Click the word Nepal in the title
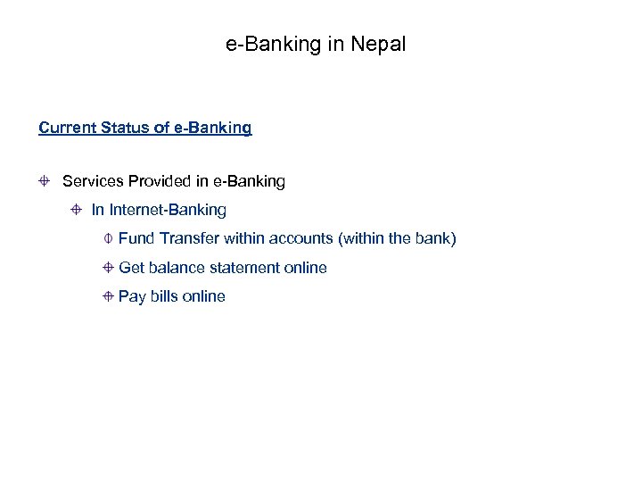pyautogui.click(x=381, y=43)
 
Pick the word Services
pyautogui.click(x=94, y=181)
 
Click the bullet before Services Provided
pyautogui.click(x=44, y=181)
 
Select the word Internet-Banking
pyautogui.click(x=168, y=210)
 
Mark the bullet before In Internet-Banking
pyautogui.click(x=77, y=210)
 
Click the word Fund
pyautogui.click(x=136, y=238)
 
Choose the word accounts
pyautogui.click(x=300, y=238)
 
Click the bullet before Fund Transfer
pyautogui.click(x=106, y=238)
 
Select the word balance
pyautogui.click(x=174, y=267)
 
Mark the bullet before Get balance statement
pyautogui.click(x=106, y=267)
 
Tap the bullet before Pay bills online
pyautogui.click(x=106, y=295)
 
